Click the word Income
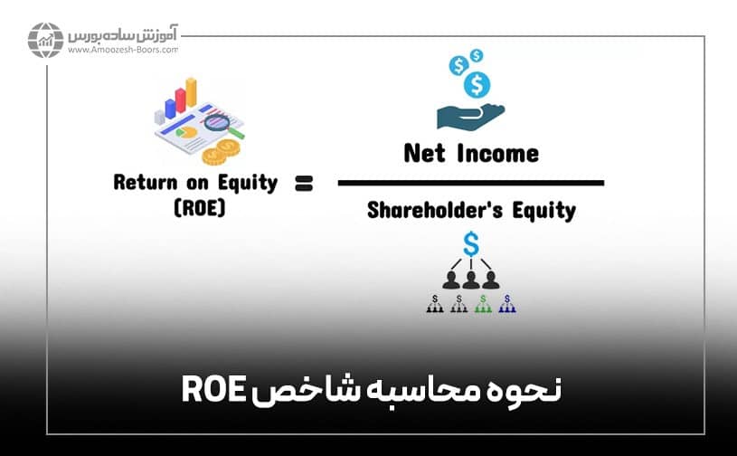coord(496,153)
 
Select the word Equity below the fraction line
coord(543,210)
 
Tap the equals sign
coord(303,184)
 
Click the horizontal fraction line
coord(470,183)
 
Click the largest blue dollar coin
coord(476,84)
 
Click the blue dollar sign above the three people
coord(470,242)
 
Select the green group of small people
coord(484,306)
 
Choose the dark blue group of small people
coord(508,306)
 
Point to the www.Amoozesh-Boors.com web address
coord(122,51)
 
